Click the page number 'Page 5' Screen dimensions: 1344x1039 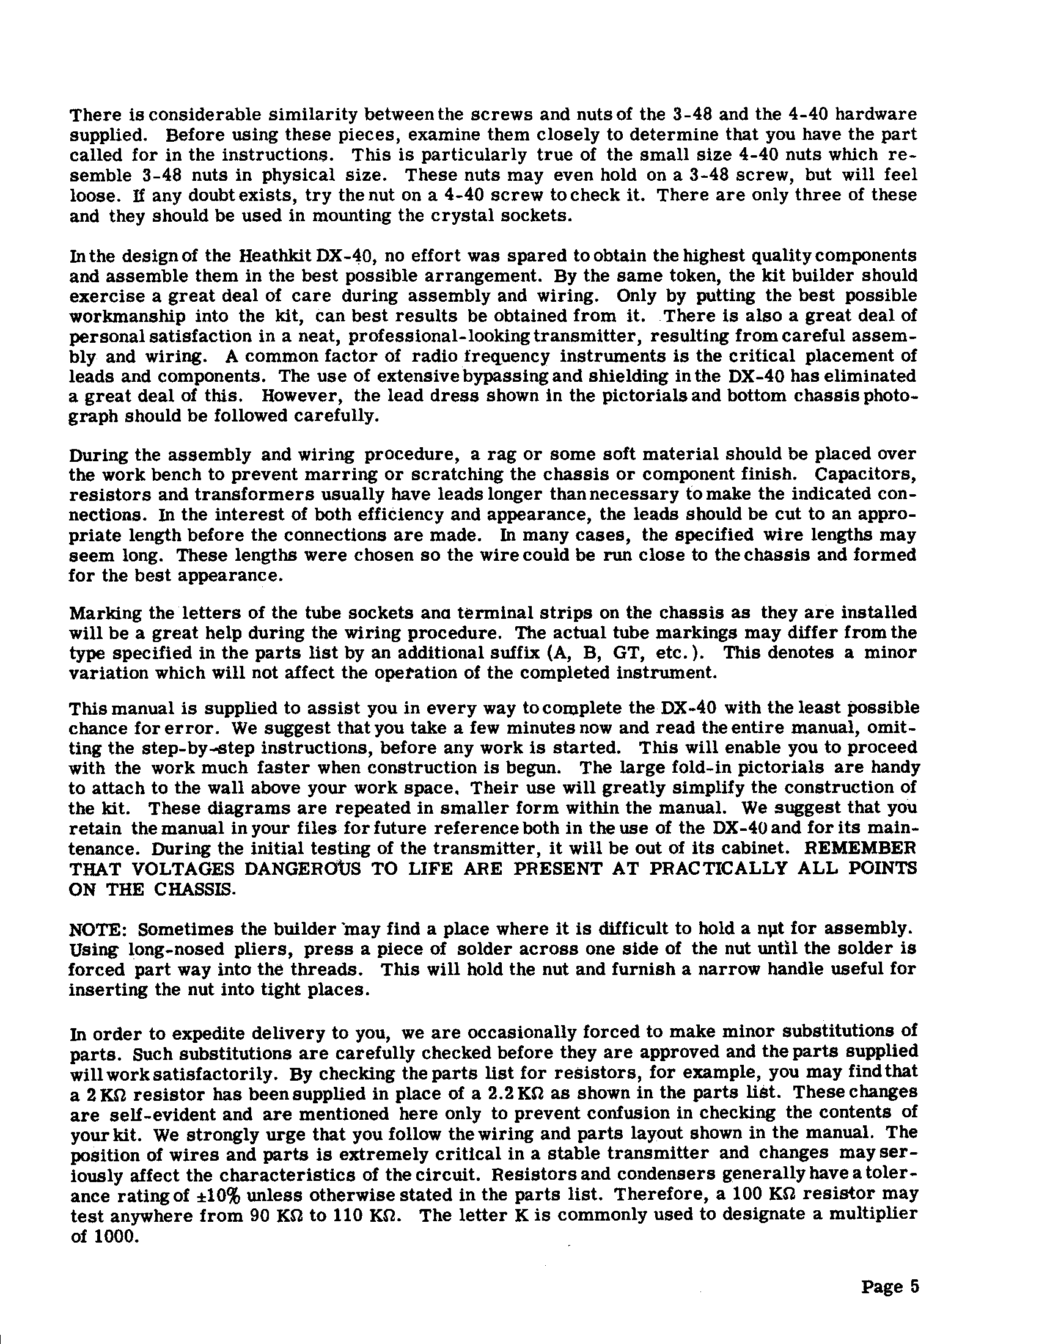[x=889, y=1287]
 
